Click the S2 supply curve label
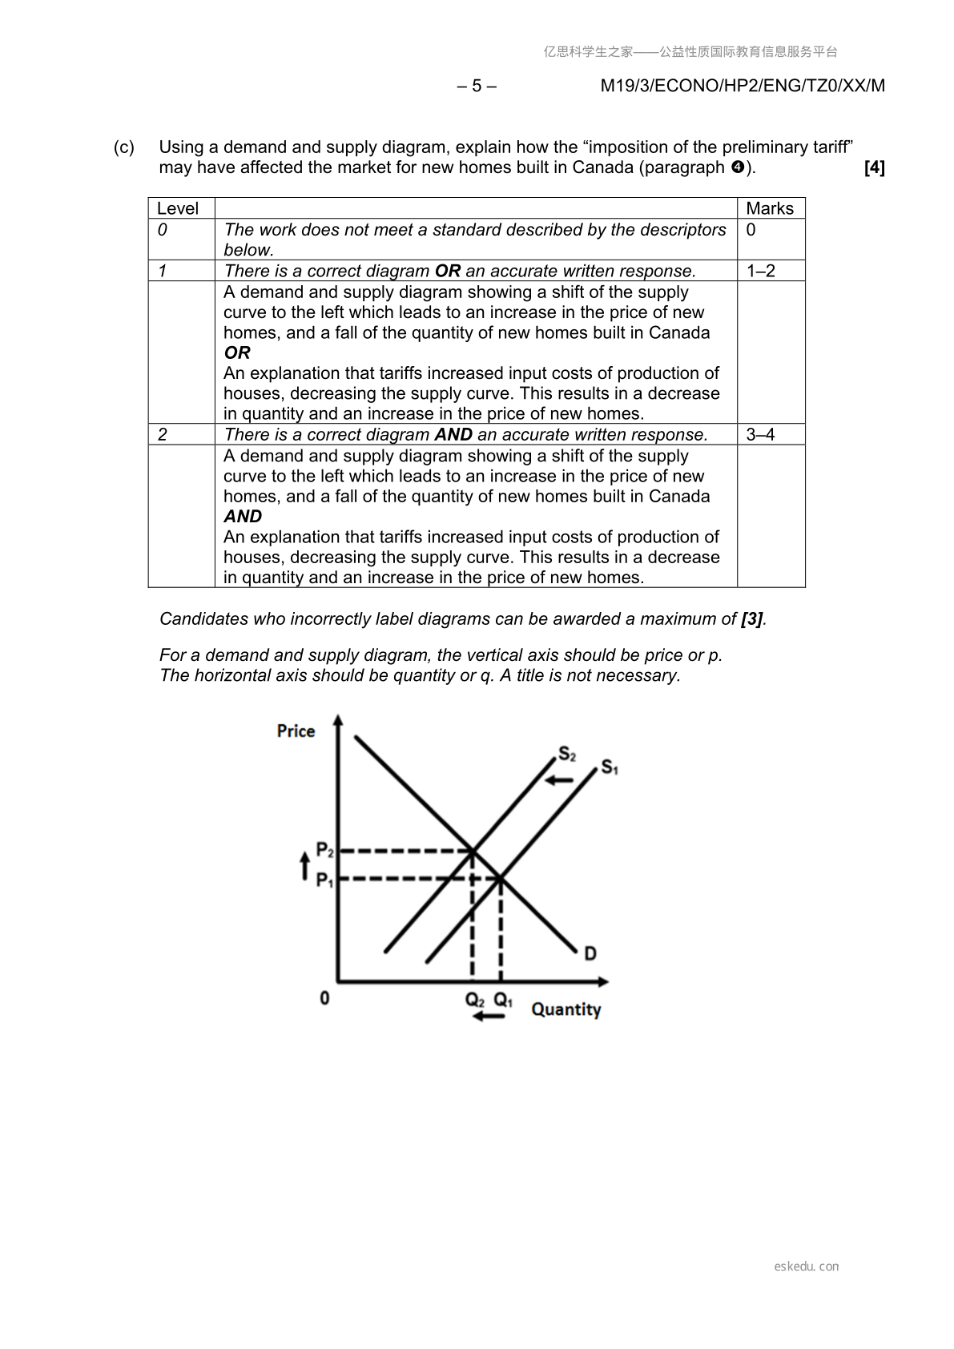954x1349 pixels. click(566, 754)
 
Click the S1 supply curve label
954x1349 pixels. click(610, 767)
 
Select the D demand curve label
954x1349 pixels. click(590, 953)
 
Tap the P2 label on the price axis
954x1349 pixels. click(324, 849)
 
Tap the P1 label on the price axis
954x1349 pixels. click(324, 880)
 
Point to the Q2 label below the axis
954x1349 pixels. click(475, 1001)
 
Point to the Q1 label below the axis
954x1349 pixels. click(503, 1001)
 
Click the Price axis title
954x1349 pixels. click(296, 731)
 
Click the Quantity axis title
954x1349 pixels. click(566, 1009)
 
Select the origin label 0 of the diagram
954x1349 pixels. click(324, 998)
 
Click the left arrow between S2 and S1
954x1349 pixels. click(561, 779)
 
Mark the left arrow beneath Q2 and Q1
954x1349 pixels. click(489, 1017)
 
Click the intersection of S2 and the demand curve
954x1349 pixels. click(472, 850)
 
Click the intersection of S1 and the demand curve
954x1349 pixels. click(501, 880)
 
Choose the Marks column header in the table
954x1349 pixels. click(770, 208)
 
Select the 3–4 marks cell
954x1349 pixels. click(761, 434)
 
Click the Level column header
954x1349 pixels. click(178, 208)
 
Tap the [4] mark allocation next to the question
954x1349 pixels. click(875, 167)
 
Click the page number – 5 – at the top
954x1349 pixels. click(477, 86)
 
